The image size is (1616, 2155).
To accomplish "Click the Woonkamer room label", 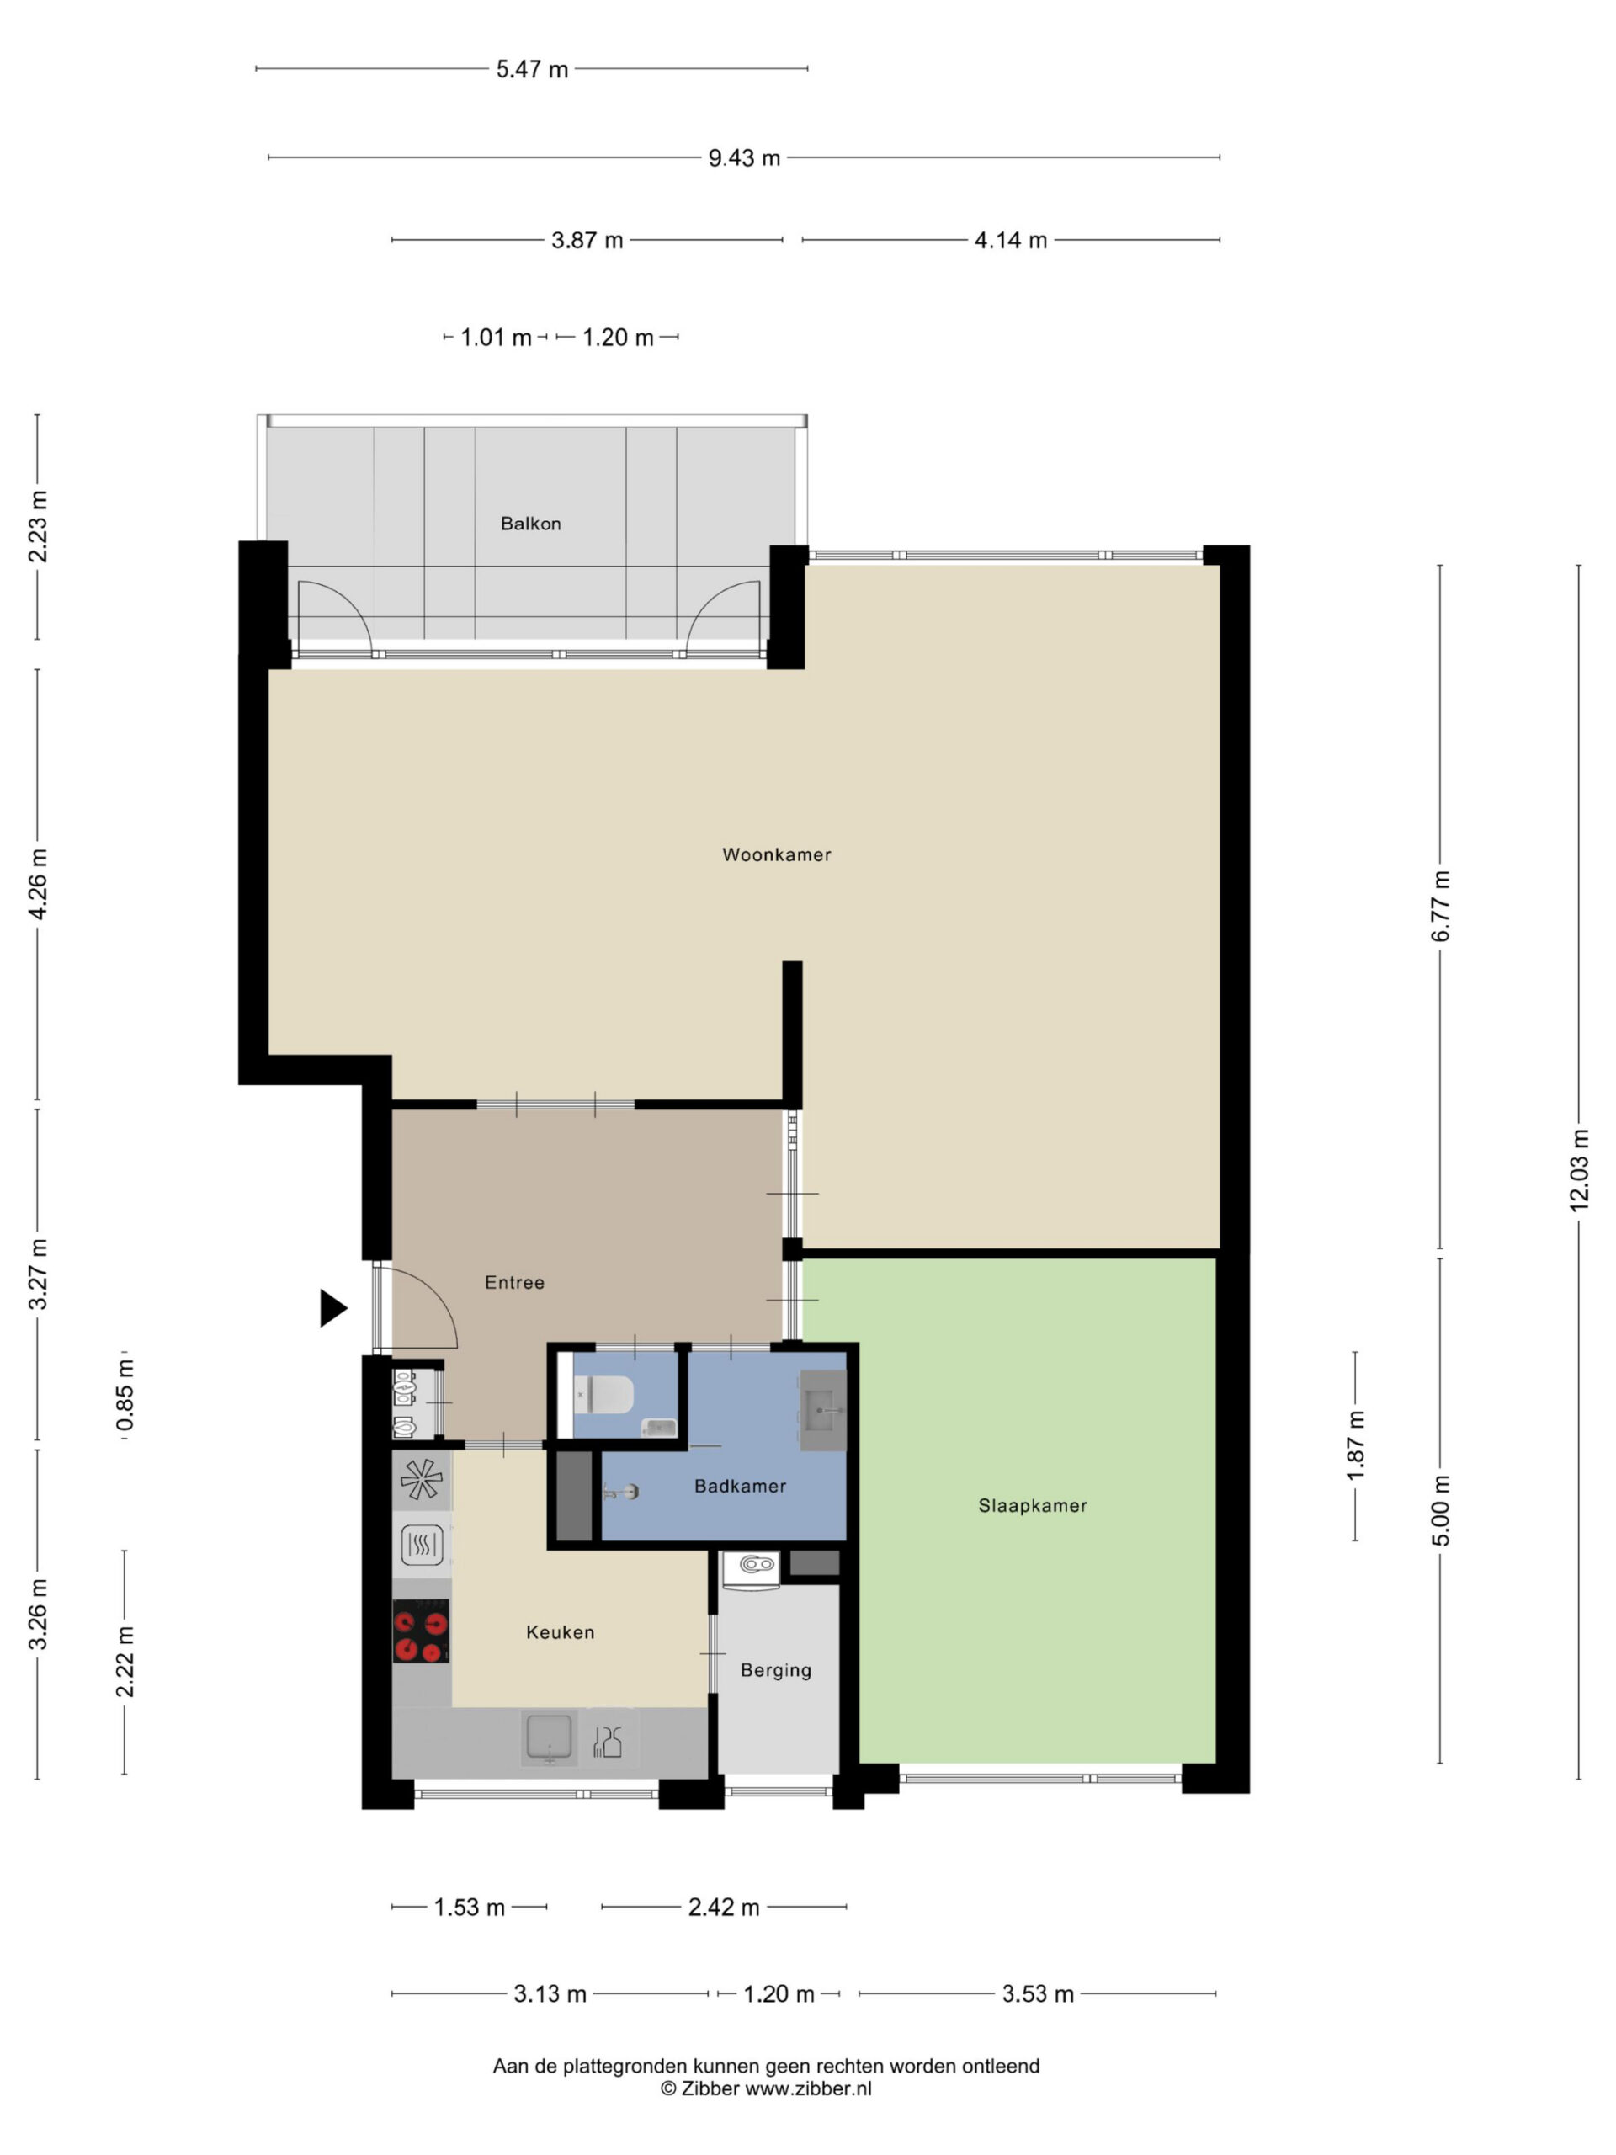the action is click(x=776, y=854).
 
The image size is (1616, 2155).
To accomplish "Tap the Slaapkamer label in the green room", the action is click(x=1033, y=1505).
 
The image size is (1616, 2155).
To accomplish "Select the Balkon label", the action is click(x=531, y=523).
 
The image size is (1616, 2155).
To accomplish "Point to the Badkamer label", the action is click(x=741, y=1486).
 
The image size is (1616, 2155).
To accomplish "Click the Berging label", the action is click(x=775, y=1670).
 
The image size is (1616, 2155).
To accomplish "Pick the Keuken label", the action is click(x=560, y=1632).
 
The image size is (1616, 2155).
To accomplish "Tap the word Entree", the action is click(x=514, y=1282).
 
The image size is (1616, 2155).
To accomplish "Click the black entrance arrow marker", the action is click(x=333, y=1307).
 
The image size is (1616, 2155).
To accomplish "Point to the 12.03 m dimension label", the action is click(x=1579, y=1170).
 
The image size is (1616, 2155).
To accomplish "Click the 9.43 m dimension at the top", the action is click(x=744, y=157).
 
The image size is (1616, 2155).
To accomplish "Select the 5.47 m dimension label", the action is click(x=532, y=69).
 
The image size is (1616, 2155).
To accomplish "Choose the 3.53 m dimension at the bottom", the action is click(x=1038, y=1994).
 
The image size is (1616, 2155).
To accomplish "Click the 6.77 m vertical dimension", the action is click(x=1441, y=906).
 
